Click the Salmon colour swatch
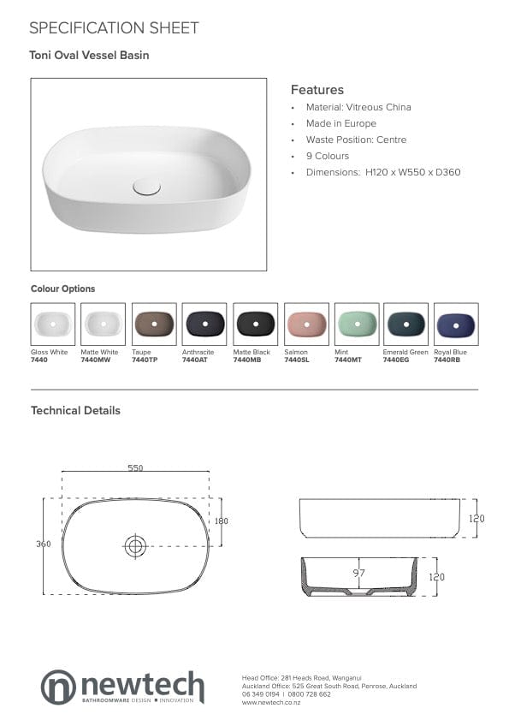[x=305, y=324]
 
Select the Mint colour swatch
[x=356, y=324]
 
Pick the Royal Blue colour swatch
[x=456, y=324]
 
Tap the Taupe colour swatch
[x=154, y=324]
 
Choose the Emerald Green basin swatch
[x=405, y=324]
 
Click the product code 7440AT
[x=194, y=360]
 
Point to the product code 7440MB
[x=245, y=360]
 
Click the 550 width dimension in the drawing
[x=135, y=467]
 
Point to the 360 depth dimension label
[x=43, y=544]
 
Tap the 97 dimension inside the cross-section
[x=359, y=572]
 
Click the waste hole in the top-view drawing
[x=135, y=545]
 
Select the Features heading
[x=317, y=90]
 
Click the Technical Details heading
[x=75, y=411]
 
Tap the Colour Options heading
[x=62, y=289]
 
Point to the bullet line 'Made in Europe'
[x=340, y=123]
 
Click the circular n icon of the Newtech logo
[x=58, y=687]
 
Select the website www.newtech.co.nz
[x=271, y=702]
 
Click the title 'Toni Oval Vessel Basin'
[x=90, y=56]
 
